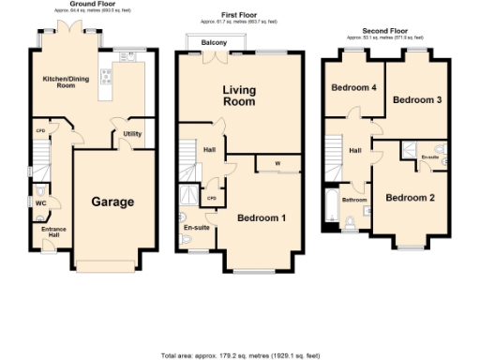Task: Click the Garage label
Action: coord(112,202)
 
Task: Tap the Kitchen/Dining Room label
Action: coord(58,82)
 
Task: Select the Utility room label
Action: coord(132,134)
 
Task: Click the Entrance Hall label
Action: coord(52,231)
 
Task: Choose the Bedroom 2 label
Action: coord(411,197)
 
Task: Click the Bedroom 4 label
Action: coord(354,87)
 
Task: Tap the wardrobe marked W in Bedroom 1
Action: coord(277,164)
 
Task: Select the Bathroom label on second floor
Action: coord(353,200)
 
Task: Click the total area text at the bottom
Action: coord(240,355)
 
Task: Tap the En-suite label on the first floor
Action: coord(196,227)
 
